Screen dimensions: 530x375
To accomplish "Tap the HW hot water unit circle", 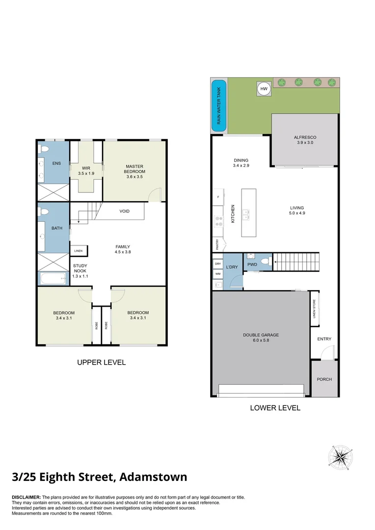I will (x=264, y=89).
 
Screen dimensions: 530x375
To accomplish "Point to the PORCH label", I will (x=324, y=379).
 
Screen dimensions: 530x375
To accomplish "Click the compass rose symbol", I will (x=337, y=457).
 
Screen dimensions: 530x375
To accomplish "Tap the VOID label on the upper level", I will (x=125, y=211).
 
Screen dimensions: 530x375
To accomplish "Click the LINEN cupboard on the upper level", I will (x=79, y=251).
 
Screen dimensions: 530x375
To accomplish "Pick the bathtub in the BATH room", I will (x=53, y=279).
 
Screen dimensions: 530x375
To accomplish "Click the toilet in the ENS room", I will (x=44, y=149).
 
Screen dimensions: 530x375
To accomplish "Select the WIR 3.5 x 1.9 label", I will (x=86, y=171).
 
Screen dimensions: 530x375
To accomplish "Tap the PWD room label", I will (x=252, y=265).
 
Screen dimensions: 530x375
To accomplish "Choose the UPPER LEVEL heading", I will (x=101, y=363).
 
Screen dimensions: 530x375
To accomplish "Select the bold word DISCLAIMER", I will (x=27, y=498).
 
